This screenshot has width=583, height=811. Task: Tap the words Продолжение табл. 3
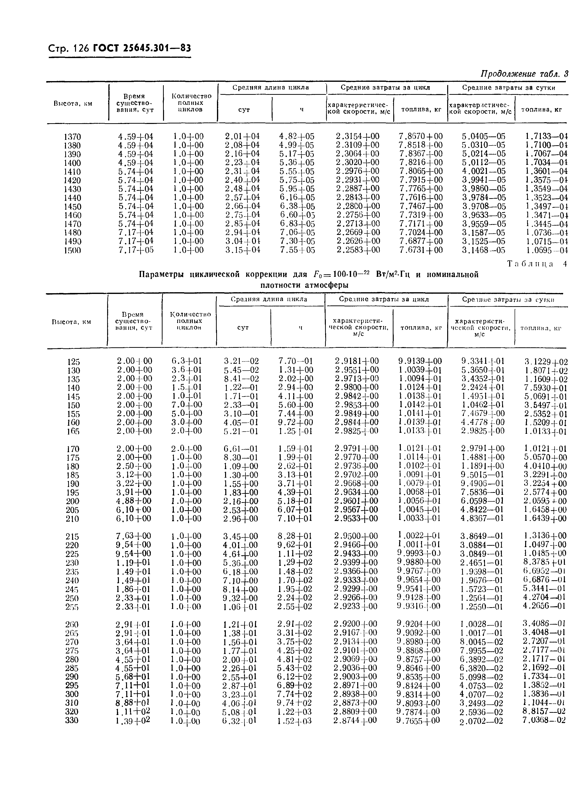(524, 74)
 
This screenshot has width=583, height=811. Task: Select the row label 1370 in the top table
(72, 137)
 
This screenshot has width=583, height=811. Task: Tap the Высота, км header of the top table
(73, 104)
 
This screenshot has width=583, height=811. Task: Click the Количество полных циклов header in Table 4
(190, 321)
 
